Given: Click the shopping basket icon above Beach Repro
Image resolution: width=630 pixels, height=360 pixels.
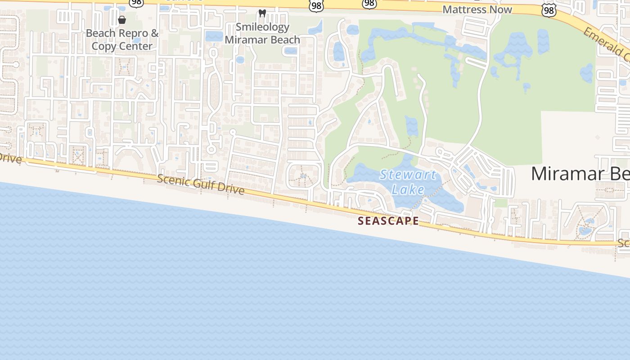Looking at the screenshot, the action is [121, 20].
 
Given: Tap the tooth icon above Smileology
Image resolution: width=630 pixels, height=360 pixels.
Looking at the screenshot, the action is [262, 13].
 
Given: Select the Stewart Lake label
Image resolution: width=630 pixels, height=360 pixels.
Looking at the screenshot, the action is [408, 182].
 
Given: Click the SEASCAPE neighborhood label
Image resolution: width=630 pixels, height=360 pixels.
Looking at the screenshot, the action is [388, 221].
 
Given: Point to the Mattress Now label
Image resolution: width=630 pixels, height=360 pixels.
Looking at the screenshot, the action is [477, 9].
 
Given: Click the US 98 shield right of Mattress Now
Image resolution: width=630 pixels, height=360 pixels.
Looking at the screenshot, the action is [549, 11].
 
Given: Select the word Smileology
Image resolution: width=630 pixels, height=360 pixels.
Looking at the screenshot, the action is [262, 27].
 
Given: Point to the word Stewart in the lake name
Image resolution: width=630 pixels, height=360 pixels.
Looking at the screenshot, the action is [408, 175].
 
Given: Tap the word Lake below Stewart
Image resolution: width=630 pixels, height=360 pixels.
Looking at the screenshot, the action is [408, 189].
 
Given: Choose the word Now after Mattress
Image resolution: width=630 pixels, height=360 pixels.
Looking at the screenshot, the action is [501, 9].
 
